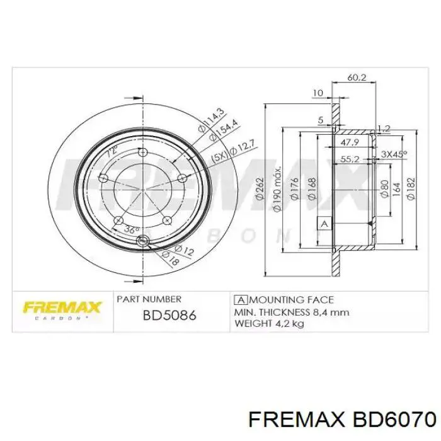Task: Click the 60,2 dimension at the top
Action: pyautogui.click(x=357, y=78)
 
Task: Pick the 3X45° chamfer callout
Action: pyautogui.click(x=394, y=153)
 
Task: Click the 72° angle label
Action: pyautogui.click(x=112, y=153)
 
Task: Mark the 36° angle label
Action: pyautogui.click(x=131, y=230)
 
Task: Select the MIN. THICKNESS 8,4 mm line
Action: pyautogui.click(x=291, y=312)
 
